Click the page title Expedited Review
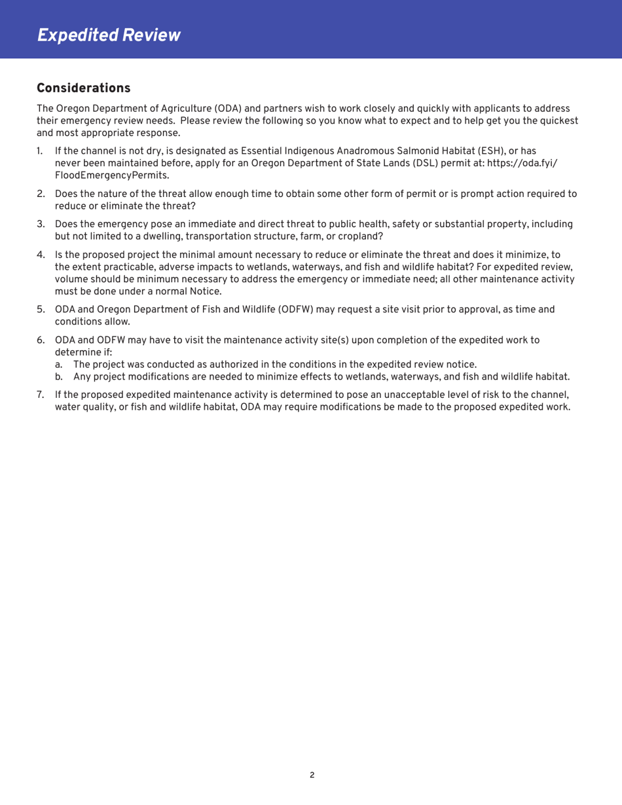(109, 34)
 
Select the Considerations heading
(84, 88)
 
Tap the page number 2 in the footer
(312, 775)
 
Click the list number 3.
(40, 224)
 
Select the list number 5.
(40, 310)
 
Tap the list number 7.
(40, 395)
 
